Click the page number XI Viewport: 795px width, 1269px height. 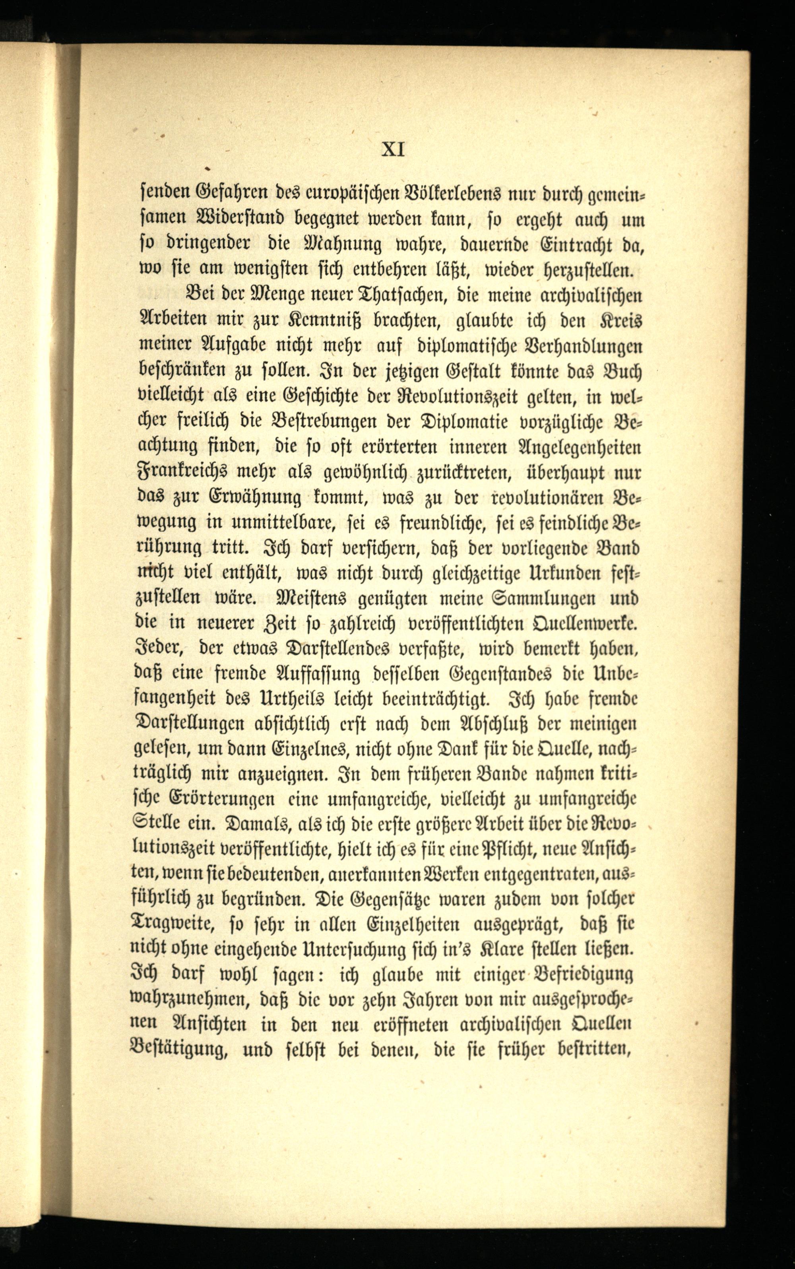click(393, 150)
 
